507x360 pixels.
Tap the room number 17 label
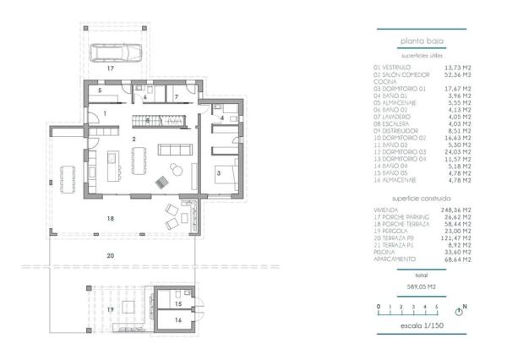coord(110,66)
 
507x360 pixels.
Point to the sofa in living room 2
coord(174,150)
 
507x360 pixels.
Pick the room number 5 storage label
coord(99,89)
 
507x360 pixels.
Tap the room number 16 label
coord(177,321)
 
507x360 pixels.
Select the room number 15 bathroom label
coord(177,303)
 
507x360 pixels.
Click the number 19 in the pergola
coord(110,310)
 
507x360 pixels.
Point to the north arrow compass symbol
coord(460,310)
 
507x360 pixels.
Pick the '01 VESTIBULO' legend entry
coord(392,67)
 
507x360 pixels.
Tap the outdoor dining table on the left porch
coord(70,175)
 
